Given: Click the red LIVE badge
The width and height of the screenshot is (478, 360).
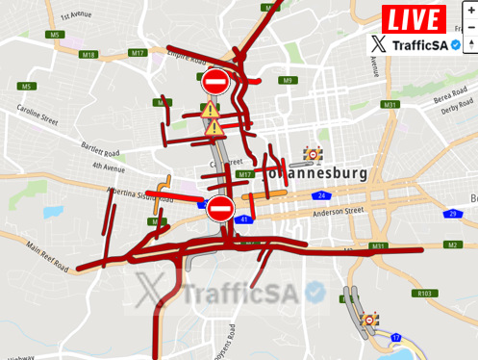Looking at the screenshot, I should pos(414,18).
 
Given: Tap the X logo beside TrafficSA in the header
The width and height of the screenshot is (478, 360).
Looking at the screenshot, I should pos(379,44).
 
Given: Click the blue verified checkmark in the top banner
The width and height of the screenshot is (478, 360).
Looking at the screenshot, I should pos(456,44).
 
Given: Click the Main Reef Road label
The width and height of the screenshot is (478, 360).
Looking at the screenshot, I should pos(47,255).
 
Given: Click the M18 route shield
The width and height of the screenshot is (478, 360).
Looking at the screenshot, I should pos(88,55).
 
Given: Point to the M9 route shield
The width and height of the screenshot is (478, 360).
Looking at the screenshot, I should pos(287,80).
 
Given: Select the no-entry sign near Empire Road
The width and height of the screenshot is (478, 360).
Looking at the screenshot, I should pos(215,80).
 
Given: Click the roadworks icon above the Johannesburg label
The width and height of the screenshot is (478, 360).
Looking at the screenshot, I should pos(313,154).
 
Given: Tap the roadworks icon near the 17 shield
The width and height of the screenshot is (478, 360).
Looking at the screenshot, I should pos(369,320).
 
